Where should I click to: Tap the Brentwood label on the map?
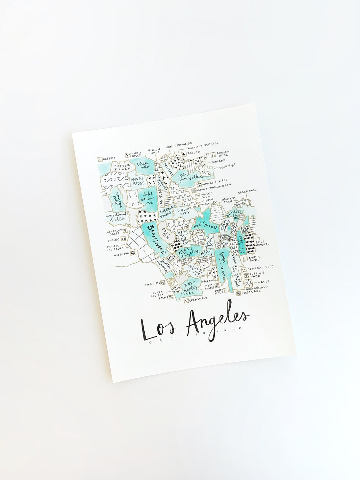tap(158, 239)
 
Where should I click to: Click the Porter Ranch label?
tap(122, 168)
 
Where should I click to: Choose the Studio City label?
tap(182, 212)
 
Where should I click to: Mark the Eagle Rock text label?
tap(247, 192)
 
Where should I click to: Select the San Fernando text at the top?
tap(179, 145)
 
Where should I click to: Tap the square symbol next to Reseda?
tap(100, 159)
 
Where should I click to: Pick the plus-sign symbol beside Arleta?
tap(184, 154)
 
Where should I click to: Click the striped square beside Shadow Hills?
tap(213, 154)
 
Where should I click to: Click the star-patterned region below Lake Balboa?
tap(147, 213)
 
